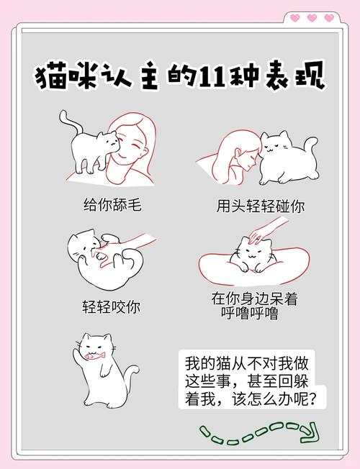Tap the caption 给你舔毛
112,204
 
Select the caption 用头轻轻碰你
261,206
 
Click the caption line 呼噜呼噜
249,314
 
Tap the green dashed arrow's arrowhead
309,432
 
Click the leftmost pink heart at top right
294,18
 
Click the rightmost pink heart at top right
329,18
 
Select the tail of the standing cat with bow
131,374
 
